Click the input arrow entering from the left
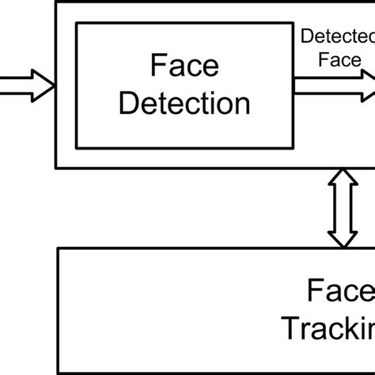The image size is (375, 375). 24,83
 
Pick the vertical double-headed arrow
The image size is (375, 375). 342,208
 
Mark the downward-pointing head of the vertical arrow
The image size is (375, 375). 342,237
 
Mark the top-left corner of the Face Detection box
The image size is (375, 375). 76,23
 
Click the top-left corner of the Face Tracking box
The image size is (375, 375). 58,248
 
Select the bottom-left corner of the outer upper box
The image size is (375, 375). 55,168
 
